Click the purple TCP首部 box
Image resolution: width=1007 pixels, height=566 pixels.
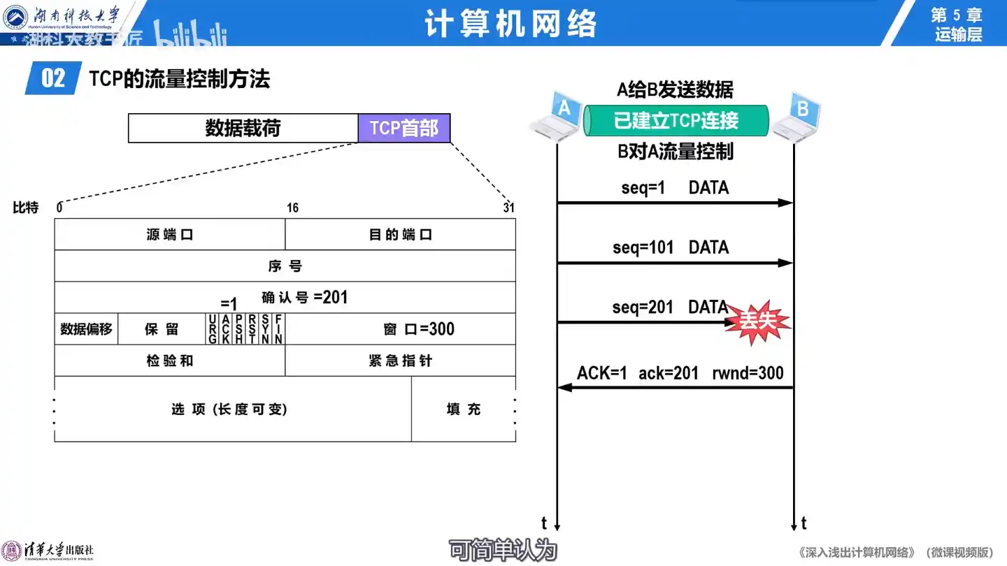(x=403, y=129)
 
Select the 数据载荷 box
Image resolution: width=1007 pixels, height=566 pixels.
(x=243, y=129)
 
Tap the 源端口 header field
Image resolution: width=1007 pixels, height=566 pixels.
(x=169, y=235)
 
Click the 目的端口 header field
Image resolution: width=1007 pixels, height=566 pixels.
(x=400, y=235)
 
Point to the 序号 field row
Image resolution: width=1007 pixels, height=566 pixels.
(x=285, y=266)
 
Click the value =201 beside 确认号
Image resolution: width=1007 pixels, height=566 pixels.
(x=331, y=298)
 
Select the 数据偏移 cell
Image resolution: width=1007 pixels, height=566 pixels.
(x=86, y=329)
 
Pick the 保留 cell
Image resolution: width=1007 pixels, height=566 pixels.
(x=162, y=329)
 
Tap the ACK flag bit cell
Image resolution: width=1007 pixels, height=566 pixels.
(x=225, y=329)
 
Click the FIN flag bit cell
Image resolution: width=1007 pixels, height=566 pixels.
(x=278, y=329)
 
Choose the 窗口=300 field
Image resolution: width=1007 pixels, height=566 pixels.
(x=418, y=329)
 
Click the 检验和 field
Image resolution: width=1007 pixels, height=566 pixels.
(x=169, y=361)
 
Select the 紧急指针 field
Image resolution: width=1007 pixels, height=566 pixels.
(x=400, y=361)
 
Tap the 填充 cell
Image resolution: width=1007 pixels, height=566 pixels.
(x=463, y=409)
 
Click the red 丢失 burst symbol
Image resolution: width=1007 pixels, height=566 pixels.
(x=757, y=321)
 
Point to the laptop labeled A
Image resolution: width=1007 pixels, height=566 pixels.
(x=557, y=116)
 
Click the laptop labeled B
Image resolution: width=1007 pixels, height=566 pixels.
(x=797, y=116)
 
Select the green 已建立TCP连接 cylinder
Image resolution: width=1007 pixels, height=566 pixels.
(x=676, y=121)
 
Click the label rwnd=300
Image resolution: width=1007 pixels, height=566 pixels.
(x=748, y=374)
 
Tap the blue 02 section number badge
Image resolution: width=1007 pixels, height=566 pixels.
(x=53, y=78)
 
